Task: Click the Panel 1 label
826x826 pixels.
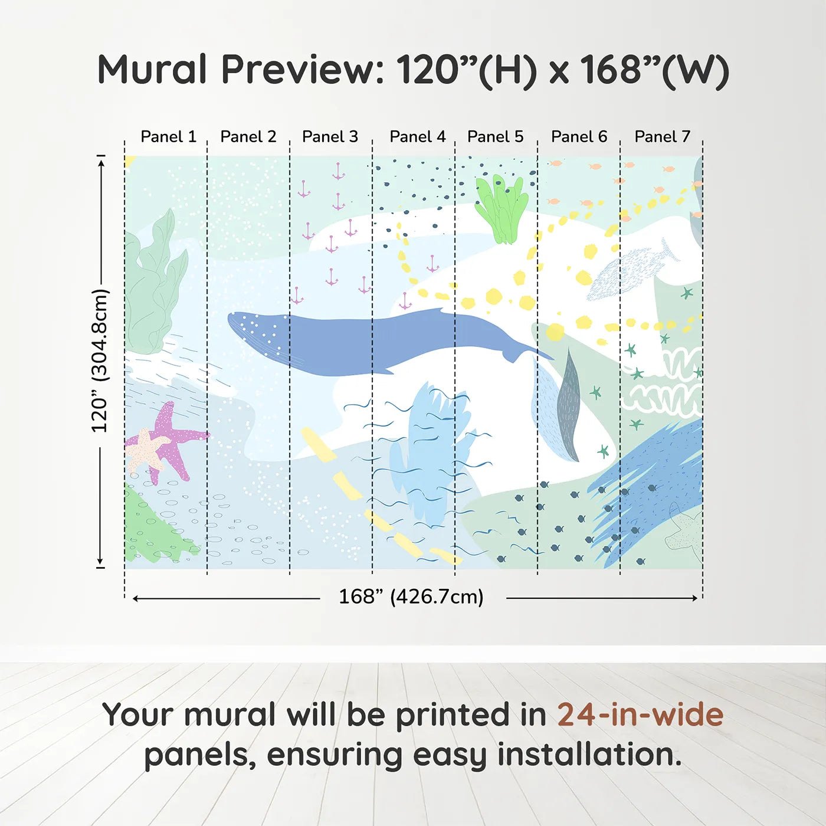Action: (x=168, y=137)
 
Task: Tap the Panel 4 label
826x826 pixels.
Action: (x=417, y=137)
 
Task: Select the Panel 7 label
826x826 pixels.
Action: (x=662, y=137)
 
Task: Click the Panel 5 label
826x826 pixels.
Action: (x=495, y=137)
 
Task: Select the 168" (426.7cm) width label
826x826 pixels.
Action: (x=411, y=596)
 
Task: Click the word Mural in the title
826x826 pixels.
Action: (x=152, y=70)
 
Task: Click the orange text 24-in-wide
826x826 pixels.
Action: (x=640, y=715)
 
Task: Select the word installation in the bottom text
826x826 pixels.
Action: (x=589, y=755)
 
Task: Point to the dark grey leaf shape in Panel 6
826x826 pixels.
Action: (x=569, y=407)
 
